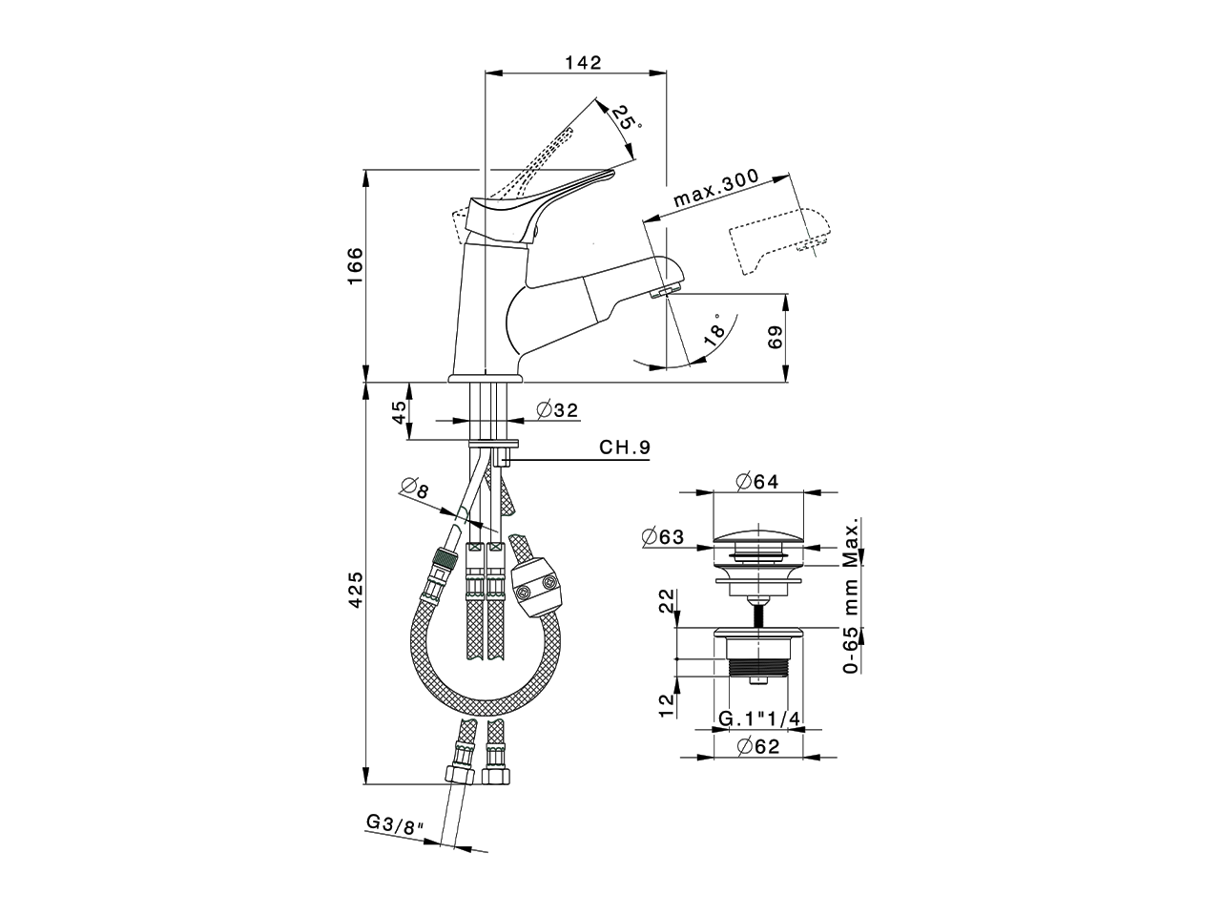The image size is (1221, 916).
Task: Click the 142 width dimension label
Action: coord(583,63)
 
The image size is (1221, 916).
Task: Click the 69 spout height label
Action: coord(775,337)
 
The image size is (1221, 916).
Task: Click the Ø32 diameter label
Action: coord(557,410)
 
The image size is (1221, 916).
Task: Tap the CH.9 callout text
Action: coord(625,447)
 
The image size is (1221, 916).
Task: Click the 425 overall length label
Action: coord(355,592)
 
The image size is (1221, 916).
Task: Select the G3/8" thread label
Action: coord(394,822)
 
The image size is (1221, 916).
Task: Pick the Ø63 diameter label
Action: coord(664,537)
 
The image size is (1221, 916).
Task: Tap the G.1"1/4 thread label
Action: coord(758,718)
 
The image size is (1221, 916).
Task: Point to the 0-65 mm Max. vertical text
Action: coord(852,596)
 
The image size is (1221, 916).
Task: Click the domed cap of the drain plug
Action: coord(759,534)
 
